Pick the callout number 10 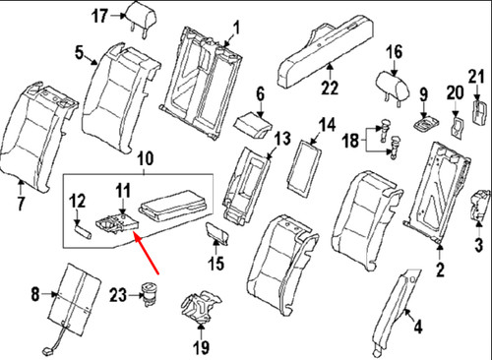pyautogui.click(x=145, y=157)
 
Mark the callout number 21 pyautogui.click(x=476, y=78)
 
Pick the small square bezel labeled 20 pyautogui.click(x=456, y=126)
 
